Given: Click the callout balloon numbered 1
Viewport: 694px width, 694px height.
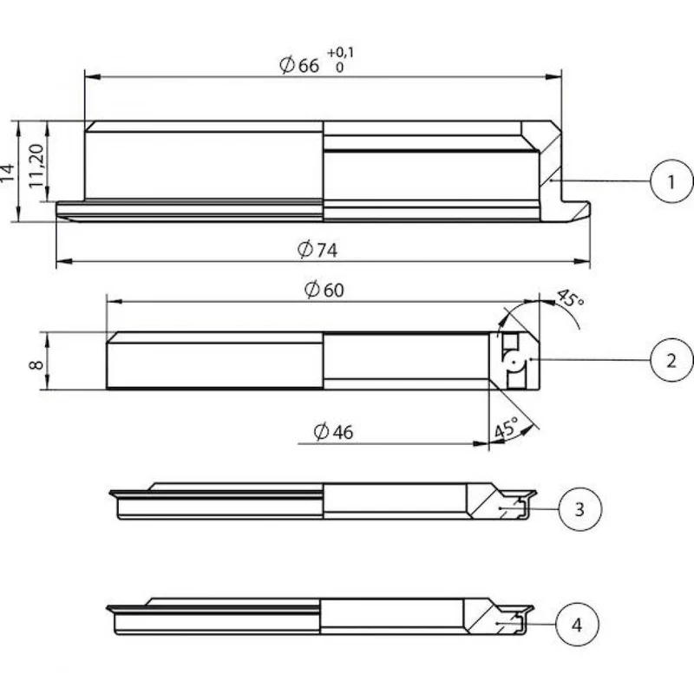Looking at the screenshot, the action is pyautogui.click(x=671, y=181).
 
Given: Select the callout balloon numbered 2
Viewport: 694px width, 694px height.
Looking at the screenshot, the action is pyautogui.click(x=671, y=360).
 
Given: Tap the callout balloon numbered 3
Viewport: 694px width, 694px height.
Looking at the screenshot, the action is pyautogui.click(x=580, y=509).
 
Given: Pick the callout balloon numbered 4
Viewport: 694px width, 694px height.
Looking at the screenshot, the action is pyautogui.click(x=577, y=625).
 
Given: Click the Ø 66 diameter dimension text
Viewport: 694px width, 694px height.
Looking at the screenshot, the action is pyautogui.click(x=299, y=66).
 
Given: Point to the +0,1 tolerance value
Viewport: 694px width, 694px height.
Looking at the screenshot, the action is pyautogui.click(x=340, y=53).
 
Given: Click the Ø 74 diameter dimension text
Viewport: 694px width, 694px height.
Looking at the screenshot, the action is pyautogui.click(x=318, y=250).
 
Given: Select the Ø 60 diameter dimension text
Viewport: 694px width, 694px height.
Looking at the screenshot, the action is pyautogui.click(x=324, y=290).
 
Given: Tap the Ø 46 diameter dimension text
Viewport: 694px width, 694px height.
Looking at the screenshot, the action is pyautogui.click(x=333, y=432).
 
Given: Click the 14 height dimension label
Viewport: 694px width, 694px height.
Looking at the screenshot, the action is pyautogui.click(x=8, y=172).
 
